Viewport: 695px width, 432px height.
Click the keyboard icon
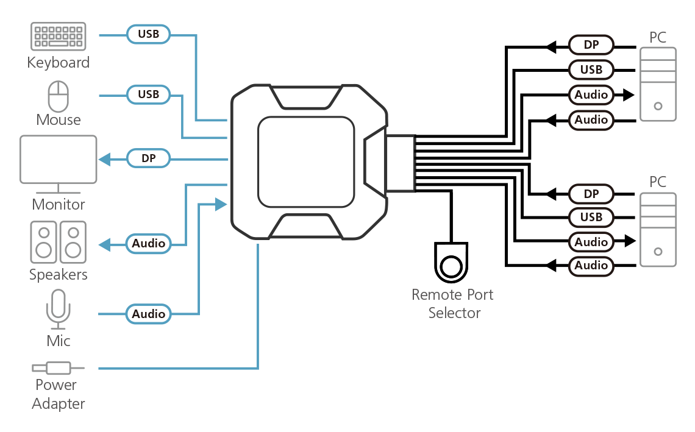59,37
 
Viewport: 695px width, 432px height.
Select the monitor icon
59,161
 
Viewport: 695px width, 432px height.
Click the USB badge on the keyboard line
148,34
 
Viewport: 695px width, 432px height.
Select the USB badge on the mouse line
148,94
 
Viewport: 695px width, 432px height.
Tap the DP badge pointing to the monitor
148,159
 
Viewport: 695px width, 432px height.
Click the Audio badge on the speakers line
149,244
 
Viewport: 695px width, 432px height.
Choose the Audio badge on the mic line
149,314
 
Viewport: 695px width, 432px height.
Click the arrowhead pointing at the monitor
104,159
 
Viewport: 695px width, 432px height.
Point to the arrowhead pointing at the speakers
104,244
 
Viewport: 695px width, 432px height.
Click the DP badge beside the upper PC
591,44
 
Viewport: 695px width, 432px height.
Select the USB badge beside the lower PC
591,218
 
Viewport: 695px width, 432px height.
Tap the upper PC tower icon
658,83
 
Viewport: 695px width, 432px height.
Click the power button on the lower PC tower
658,251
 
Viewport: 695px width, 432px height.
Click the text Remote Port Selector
453,303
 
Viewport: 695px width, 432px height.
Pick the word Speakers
59,274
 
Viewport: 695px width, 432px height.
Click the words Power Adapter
59,394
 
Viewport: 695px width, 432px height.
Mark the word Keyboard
59,63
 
